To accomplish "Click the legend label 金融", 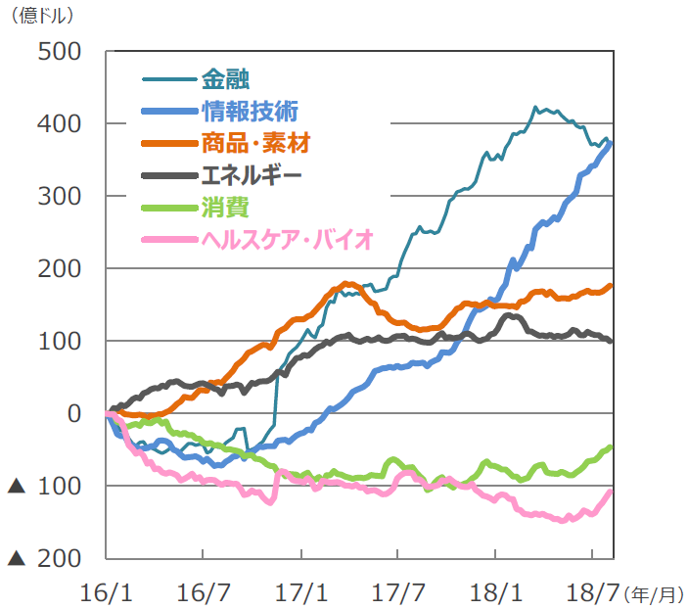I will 225,77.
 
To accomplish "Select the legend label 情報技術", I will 250,110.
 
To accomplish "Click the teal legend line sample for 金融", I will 167,78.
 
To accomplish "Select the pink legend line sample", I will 167,240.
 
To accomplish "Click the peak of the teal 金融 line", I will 535,107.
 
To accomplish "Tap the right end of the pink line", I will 611,492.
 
